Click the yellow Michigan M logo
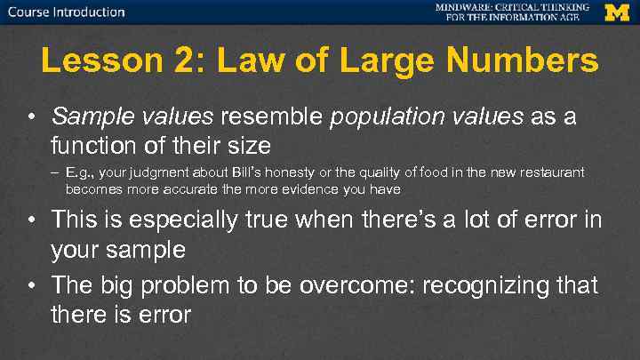tap(617, 12)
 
